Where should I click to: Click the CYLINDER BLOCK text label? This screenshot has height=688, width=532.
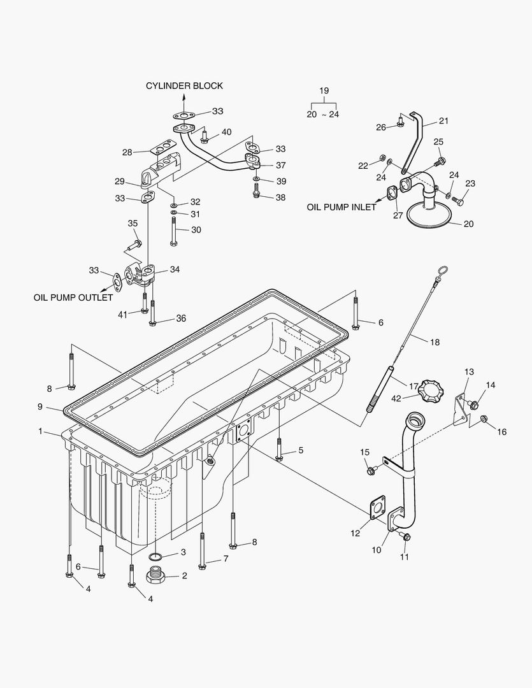[184, 86]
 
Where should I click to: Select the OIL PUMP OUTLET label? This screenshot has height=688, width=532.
[73, 297]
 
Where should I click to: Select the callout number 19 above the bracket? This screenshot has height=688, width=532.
[324, 91]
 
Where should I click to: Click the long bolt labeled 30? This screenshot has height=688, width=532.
[174, 231]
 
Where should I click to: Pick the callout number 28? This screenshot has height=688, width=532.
[127, 152]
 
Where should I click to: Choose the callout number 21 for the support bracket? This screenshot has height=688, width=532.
[443, 121]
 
